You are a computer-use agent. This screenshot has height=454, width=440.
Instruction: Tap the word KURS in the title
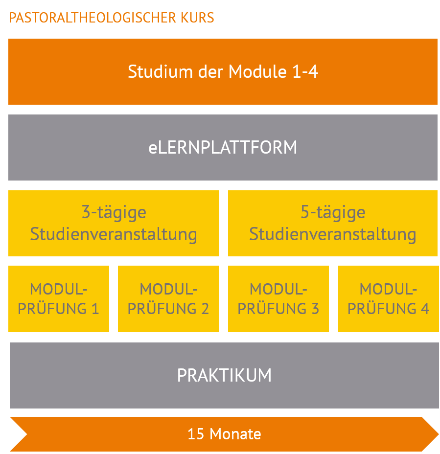pyautogui.click(x=197, y=18)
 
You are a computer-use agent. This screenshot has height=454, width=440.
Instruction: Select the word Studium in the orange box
pyautogui.click(x=160, y=71)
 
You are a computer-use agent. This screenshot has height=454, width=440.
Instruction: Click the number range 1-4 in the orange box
pyautogui.click(x=305, y=71)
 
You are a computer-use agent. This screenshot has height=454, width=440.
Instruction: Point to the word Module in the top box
pyautogui.click(x=257, y=71)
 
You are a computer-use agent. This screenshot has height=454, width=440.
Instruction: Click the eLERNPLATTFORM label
pyautogui.click(x=223, y=147)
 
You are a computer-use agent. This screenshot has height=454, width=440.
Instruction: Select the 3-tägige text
pyautogui.click(x=114, y=212)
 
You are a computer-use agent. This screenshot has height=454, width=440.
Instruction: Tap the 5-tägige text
pyautogui.click(x=333, y=212)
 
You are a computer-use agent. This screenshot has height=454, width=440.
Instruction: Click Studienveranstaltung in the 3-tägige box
pyautogui.click(x=114, y=234)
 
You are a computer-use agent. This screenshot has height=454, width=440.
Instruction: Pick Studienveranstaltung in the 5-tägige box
pyautogui.click(x=332, y=234)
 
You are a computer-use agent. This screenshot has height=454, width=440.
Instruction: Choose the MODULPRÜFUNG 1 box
pyautogui.click(x=59, y=299)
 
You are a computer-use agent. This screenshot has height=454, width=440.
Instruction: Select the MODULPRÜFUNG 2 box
pyautogui.click(x=168, y=299)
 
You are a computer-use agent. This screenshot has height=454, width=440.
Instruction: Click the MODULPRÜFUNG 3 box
pyautogui.click(x=278, y=299)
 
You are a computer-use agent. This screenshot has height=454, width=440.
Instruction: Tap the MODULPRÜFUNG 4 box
pyautogui.click(x=389, y=299)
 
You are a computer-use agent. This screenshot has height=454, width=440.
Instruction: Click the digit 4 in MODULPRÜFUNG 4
pyautogui.click(x=425, y=309)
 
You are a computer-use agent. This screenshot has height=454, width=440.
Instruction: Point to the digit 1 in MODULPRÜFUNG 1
pyautogui.click(x=95, y=309)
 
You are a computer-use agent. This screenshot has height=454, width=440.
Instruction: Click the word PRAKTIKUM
pyautogui.click(x=224, y=376)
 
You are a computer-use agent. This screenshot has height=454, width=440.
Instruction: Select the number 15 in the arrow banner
pyautogui.click(x=196, y=434)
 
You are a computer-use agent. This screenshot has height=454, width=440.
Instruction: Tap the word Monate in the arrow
pyautogui.click(x=235, y=434)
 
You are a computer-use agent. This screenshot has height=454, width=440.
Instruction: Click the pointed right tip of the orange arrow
pyautogui.click(x=438, y=434)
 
